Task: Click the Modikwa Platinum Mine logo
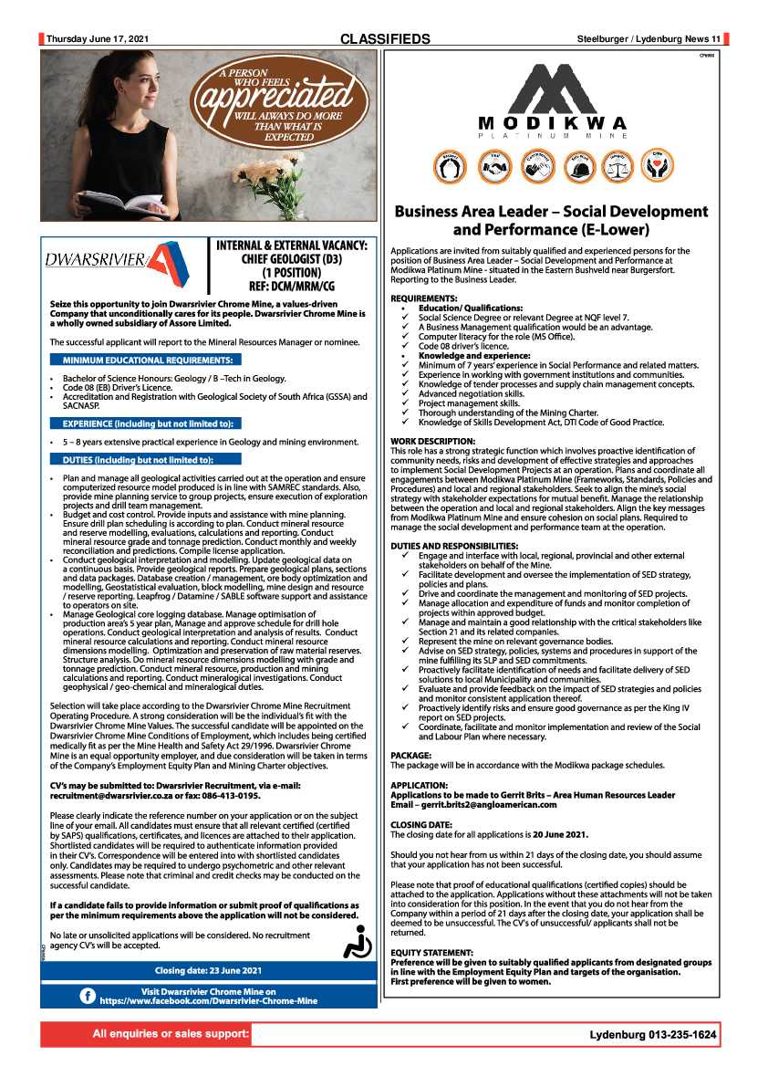click(552, 102)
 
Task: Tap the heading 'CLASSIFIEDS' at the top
click(385, 39)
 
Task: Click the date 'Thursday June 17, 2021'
click(98, 39)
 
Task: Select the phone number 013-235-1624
click(683, 1035)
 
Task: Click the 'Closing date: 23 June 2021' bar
click(209, 970)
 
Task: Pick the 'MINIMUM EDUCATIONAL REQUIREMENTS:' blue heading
click(147, 360)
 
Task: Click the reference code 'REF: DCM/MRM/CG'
click(290, 286)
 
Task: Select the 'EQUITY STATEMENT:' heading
click(431, 952)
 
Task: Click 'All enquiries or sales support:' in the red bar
click(171, 1034)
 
